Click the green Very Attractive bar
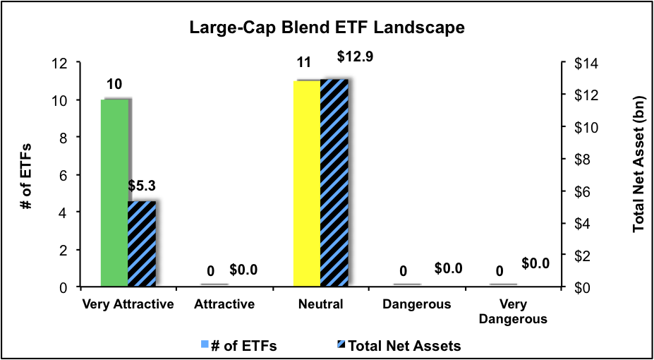point(114,193)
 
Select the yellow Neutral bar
point(306,184)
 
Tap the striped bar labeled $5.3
point(141,244)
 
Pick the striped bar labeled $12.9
point(334,183)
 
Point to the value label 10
point(114,85)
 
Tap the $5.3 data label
point(143,187)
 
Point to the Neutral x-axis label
point(320,305)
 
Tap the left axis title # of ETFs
point(25,174)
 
